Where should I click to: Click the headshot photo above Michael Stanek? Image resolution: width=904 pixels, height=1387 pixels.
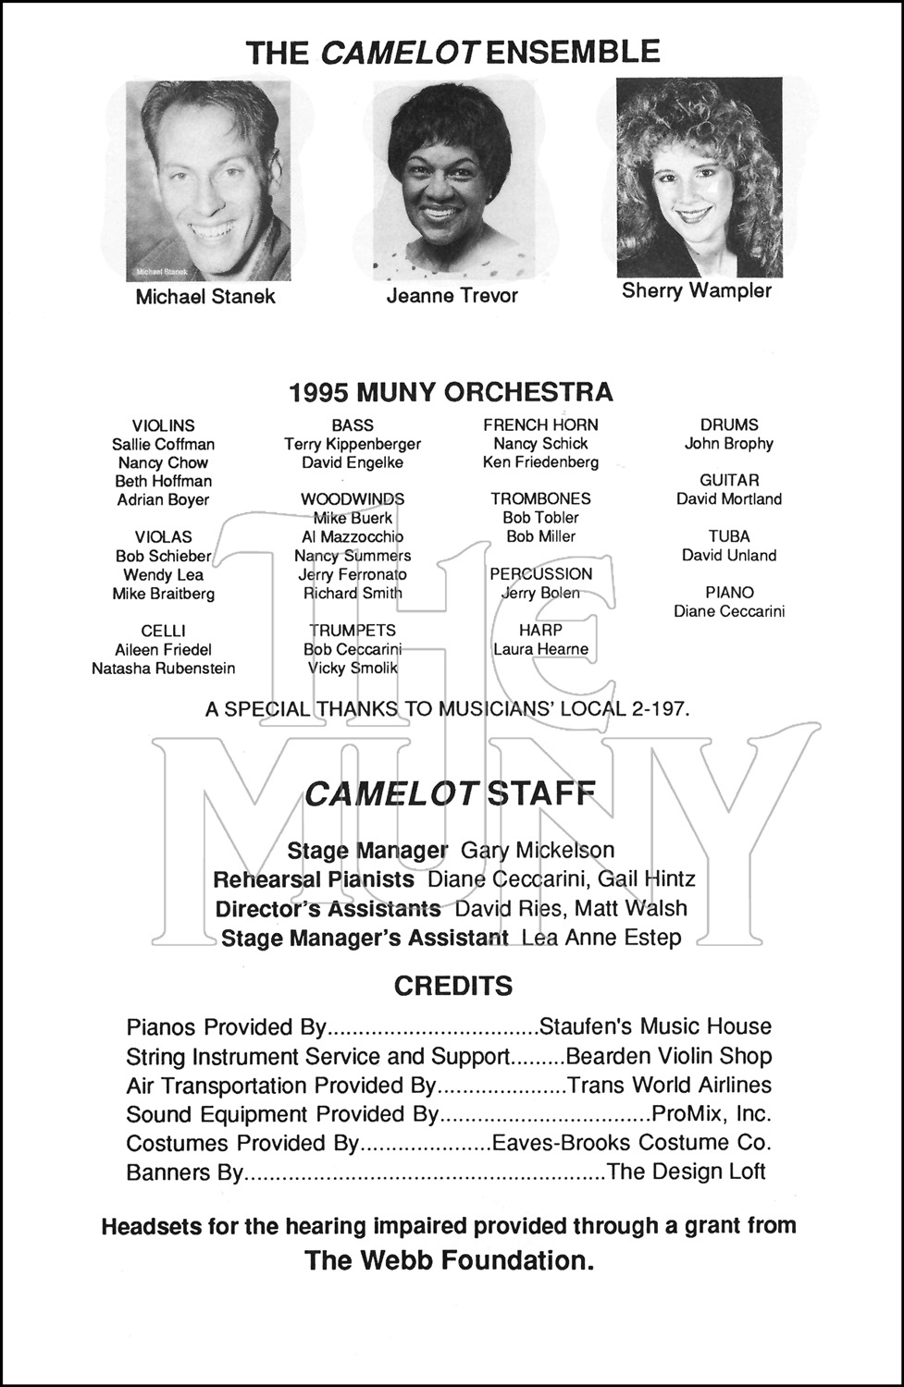point(208,180)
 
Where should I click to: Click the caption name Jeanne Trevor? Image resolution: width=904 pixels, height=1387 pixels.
point(452,296)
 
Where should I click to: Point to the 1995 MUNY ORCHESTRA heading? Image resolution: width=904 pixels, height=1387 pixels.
point(451,392)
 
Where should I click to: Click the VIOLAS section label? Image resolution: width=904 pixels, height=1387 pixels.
point(164,537)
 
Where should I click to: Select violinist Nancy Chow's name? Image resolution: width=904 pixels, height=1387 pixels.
point(163,462)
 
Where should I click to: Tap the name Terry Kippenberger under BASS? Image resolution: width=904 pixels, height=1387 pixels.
point(353,444)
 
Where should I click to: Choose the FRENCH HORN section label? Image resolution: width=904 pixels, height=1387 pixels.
point(540,424)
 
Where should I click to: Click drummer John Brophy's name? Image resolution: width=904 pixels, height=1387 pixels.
point(729,444)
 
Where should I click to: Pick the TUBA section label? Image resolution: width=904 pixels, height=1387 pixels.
point(729,536)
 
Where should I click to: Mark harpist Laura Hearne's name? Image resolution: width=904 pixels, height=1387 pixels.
point(540,649)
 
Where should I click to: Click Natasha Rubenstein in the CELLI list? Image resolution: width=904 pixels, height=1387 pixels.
point(164,668)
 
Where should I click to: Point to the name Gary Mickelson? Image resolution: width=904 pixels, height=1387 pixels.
point(538,850)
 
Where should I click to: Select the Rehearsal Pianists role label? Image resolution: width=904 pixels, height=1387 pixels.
point(314,878)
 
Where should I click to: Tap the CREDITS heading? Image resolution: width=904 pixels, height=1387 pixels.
point(453,986)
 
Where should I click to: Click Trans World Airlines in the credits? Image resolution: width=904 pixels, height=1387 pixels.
point(669,1085)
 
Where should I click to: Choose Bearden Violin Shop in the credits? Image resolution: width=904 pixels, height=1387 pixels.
point(668,1056)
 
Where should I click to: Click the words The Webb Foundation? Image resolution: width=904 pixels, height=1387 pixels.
point(450,1260)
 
